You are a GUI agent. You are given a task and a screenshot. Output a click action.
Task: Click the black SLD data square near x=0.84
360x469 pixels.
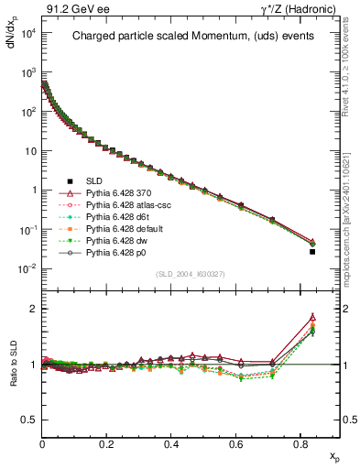(x=312, y=251)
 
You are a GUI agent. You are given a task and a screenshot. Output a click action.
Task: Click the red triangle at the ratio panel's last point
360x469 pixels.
(x=312, y=317)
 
